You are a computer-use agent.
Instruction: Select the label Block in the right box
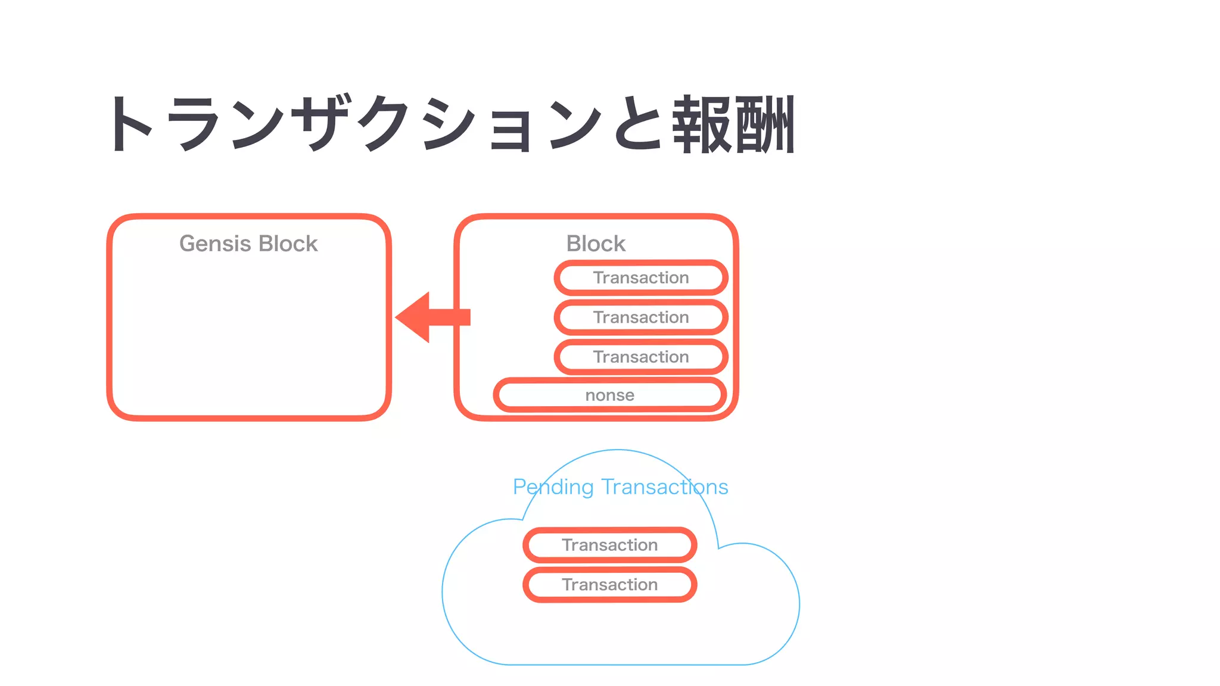596,244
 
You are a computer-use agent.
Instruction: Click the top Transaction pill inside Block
641,277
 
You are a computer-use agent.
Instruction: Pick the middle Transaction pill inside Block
641,317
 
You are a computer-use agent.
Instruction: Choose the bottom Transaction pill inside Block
641,357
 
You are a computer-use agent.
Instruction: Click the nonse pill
609,395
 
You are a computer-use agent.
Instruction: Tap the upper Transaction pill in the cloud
609,545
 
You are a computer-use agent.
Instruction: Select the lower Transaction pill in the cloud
609,585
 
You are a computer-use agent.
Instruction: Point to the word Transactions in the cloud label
665,487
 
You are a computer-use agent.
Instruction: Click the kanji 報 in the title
702,124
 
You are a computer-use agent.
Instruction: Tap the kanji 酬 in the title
765,124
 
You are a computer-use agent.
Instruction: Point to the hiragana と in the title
637,124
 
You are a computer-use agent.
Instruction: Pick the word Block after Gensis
288,244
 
